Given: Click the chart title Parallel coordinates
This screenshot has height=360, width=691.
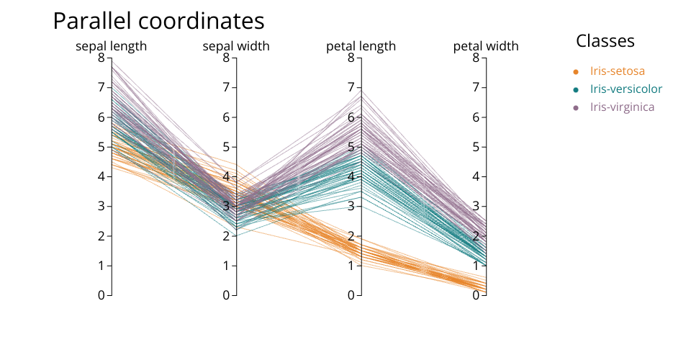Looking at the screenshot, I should click(x=158, y=22).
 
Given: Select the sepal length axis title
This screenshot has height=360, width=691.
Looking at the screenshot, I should click(x=112, y=46).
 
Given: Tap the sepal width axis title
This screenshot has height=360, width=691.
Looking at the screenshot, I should click(x=236, y=46).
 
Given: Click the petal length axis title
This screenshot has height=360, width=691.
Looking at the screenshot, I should click(x=361, y=46).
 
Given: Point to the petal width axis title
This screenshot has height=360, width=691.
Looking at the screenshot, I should click(x=485, y=46).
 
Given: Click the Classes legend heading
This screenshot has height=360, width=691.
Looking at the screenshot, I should click(x=605, y=41).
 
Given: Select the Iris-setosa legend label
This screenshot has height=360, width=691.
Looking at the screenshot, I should click(x=617, y=71).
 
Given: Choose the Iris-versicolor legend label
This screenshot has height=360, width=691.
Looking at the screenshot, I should click(x=625, y=89).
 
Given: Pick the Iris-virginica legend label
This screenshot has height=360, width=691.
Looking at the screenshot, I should click(x=622, y=107).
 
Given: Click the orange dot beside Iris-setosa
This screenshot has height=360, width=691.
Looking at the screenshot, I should click(x=576, y=71).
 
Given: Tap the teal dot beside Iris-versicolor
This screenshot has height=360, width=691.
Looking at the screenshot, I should click(x=576, y=89).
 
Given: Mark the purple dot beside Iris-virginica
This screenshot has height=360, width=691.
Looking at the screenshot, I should click(x=576, y=107).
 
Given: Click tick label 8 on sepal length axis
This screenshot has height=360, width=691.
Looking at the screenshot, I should click(x=101, y=58).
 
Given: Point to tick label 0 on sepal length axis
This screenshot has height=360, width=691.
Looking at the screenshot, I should click(x=101, y=295).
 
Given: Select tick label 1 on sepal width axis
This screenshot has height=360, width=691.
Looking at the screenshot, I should click(x=226, y=266).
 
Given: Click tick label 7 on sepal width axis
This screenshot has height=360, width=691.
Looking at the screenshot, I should click(x=226, y=87).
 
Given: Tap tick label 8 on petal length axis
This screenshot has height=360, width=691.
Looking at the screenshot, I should click(x=351, y=58).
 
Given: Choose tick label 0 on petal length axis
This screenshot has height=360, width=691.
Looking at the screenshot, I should click(x=351, y=295).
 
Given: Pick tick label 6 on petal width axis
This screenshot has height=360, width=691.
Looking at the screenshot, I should click(x=475, y=117).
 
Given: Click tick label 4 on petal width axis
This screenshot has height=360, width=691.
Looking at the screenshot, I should click(x=475, y=176).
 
